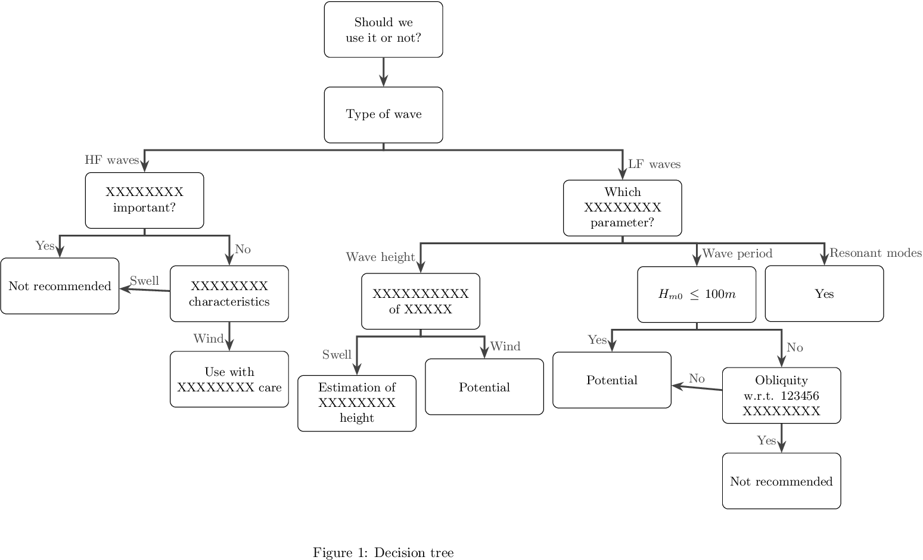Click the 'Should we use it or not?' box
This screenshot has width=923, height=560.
click(x=383, y=30)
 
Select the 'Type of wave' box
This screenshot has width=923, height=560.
click(x=383, y=114)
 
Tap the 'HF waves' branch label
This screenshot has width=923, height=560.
click(x=111, y=160)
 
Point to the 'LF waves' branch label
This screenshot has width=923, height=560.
click(x=654, y=164)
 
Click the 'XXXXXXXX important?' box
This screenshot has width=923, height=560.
click(x=144, y=200)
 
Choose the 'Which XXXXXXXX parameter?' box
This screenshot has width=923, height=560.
click(x=622, y=207)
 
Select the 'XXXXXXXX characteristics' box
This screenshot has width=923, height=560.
click(x=229, y=294)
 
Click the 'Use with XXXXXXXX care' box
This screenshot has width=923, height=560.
click(x=229, y=379)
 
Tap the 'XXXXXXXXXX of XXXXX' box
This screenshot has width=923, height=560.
click(x=420, y=301)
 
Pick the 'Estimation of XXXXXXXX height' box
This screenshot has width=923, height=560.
click(x=356, y=403)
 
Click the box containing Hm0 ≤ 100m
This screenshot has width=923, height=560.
click(x=697, y=294)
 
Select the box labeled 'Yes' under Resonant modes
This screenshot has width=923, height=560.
click(x=824, y=294)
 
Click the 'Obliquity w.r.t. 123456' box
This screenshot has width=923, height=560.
click(x=781, y=396)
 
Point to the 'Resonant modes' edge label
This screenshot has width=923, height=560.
click(x=875, y=253)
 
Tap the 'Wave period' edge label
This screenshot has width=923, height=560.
click(x=737, y=254)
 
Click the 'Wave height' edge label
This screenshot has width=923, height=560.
click(x=380, y=257)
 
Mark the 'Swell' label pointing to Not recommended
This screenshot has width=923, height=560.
click(x=144, y=281)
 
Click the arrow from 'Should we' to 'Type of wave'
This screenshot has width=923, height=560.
click(x=383, y=72)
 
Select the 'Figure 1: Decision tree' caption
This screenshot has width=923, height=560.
click(x=383, y=553)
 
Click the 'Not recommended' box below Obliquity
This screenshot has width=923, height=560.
click(x=781, y=481)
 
